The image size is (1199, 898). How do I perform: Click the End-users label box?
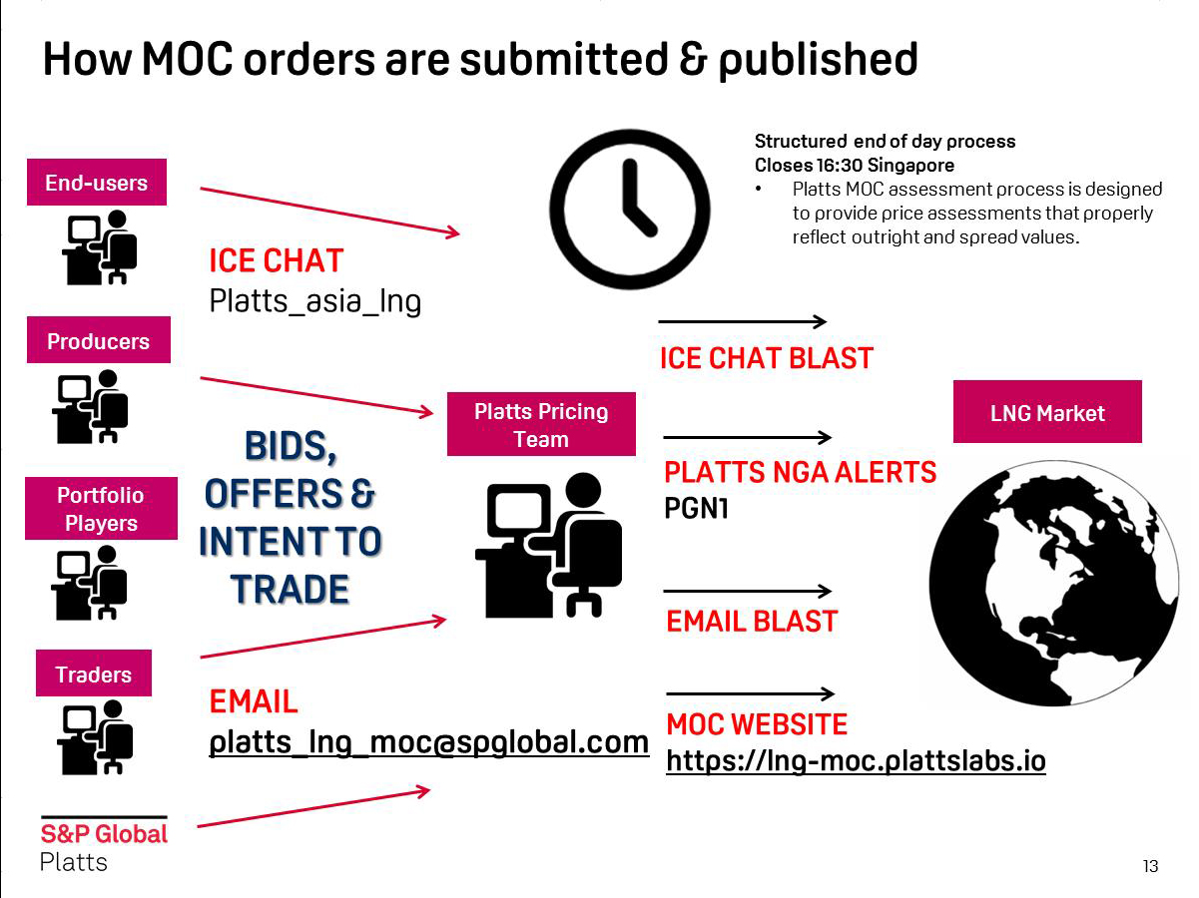point(96,183)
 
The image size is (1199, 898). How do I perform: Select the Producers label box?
point(98,340)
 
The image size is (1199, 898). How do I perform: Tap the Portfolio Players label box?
point(100,509)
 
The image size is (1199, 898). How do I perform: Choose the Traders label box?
point(94,674)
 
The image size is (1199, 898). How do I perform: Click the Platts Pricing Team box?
point(541,425)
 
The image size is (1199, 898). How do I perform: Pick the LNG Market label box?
point(1047,412)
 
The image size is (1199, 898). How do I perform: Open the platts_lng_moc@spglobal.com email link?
point(428,743)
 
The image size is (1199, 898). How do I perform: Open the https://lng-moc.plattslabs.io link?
point(856,761)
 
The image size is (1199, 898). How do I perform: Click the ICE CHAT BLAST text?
point(766,358)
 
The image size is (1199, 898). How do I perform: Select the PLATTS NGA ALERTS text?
point(801,472)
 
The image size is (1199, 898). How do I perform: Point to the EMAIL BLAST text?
point(751,622)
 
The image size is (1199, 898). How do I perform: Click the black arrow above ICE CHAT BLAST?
point(743,321)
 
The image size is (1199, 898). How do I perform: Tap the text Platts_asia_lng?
point(314,300)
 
